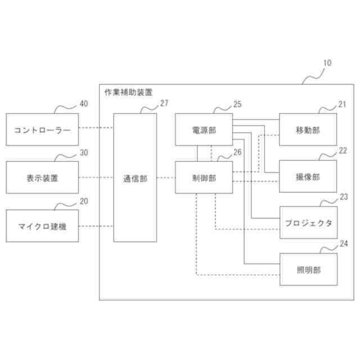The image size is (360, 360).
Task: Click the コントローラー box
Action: pos(42,129)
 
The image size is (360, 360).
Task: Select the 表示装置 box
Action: pos(42,178)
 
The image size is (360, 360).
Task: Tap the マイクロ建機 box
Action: pos(42,226)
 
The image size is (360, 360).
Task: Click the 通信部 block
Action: pos(136,178)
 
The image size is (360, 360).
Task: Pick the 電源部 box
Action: pos(204,129)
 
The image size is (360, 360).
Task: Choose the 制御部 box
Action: pos(204,178)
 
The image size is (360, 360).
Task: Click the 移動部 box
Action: pos(308,129)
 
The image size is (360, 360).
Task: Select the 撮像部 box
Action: pos(308,177)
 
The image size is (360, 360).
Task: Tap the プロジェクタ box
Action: pos(308,223)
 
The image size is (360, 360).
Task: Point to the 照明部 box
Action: pos(308,269)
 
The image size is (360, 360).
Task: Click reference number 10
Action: pos(327,64)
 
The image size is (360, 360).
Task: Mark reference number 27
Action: pos(164,103)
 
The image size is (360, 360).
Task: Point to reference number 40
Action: pos(84,103)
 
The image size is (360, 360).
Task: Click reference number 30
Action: pos(84,152)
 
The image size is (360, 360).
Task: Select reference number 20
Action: pos(84,201)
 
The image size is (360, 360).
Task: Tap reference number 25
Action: pos(237,103)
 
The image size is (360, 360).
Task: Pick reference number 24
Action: pos(344,244)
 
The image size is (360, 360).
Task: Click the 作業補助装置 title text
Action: pos(128,91)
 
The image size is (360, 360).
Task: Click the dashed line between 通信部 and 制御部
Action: pos(166,178)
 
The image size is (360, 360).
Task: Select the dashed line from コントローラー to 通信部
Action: pos(96,129)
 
